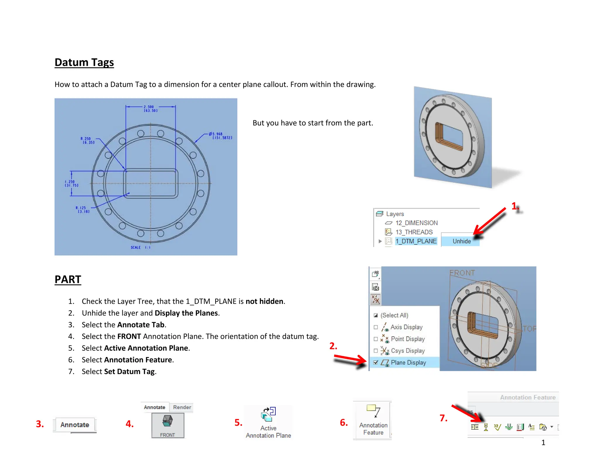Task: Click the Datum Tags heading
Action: pos(84,63)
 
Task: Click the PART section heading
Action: pos(68,279)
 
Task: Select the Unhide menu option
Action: pos(461,241)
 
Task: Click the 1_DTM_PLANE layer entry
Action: pos(416,241)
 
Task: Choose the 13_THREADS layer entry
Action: pos(414,232)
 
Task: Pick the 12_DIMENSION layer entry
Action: pos(416,223)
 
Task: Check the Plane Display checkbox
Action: pos(376,362)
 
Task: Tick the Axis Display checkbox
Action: pos(376,327)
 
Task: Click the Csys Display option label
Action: pos(408,351)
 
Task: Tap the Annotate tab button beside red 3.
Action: pos(75,425)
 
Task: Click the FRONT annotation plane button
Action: pos(168,425)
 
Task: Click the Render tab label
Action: pos(182,407)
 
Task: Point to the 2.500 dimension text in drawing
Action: pos(150,109)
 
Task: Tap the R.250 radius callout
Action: pos(87,140)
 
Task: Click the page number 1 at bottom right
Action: pos(543,443)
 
